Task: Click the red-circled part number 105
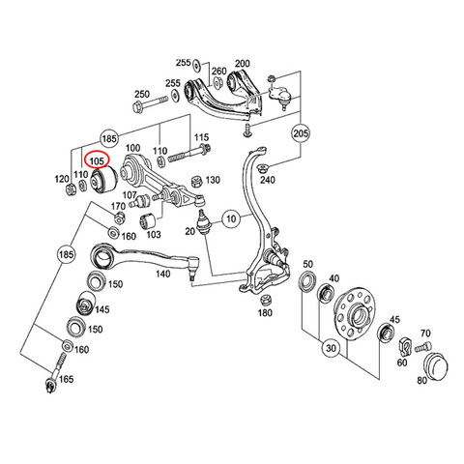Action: click(98, 160)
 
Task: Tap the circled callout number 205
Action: click(301, 132)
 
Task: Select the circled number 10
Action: click(231, 219)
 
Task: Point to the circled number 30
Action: click(331, 348)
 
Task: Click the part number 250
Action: click(142, 94)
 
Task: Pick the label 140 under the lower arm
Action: click(162, 274)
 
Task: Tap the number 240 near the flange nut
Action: click(268, 180)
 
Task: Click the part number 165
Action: click(67, 379)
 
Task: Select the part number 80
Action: click(422, 380)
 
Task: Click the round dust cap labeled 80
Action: click(437, 366)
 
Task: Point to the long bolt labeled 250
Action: click(150, 103)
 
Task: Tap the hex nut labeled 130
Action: click(196, 182)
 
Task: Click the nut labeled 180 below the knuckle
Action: click(266, 300)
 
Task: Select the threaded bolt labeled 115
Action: click(189, 154)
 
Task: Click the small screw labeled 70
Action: click(423, 347)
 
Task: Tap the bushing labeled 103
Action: click(148, 220)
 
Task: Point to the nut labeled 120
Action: click(71, 189)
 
